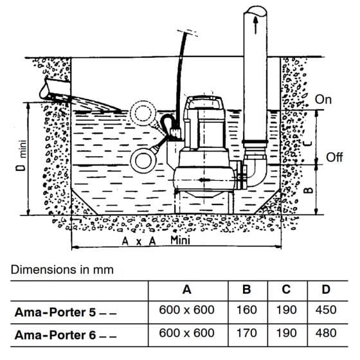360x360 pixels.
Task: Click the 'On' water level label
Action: point(323,100)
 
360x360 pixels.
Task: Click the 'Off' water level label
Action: point(334,157)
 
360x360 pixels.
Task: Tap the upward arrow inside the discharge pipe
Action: point(256,25)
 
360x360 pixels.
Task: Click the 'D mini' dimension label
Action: point(22,156)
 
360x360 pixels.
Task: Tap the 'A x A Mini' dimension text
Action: point(156,240)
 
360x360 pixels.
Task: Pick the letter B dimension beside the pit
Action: point(309,190)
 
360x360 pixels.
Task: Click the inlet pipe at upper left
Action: point(55,89)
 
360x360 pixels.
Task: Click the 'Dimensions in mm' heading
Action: point(62,269)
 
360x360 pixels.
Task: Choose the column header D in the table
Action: point(326,290)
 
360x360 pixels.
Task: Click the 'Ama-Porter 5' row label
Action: point(55,312)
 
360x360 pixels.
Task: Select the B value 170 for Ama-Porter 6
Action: point(247,333)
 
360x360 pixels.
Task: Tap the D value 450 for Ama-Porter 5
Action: point(326,310)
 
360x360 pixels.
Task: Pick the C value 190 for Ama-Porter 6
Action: point(286,333)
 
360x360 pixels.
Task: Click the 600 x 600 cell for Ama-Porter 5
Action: point(186,310)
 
